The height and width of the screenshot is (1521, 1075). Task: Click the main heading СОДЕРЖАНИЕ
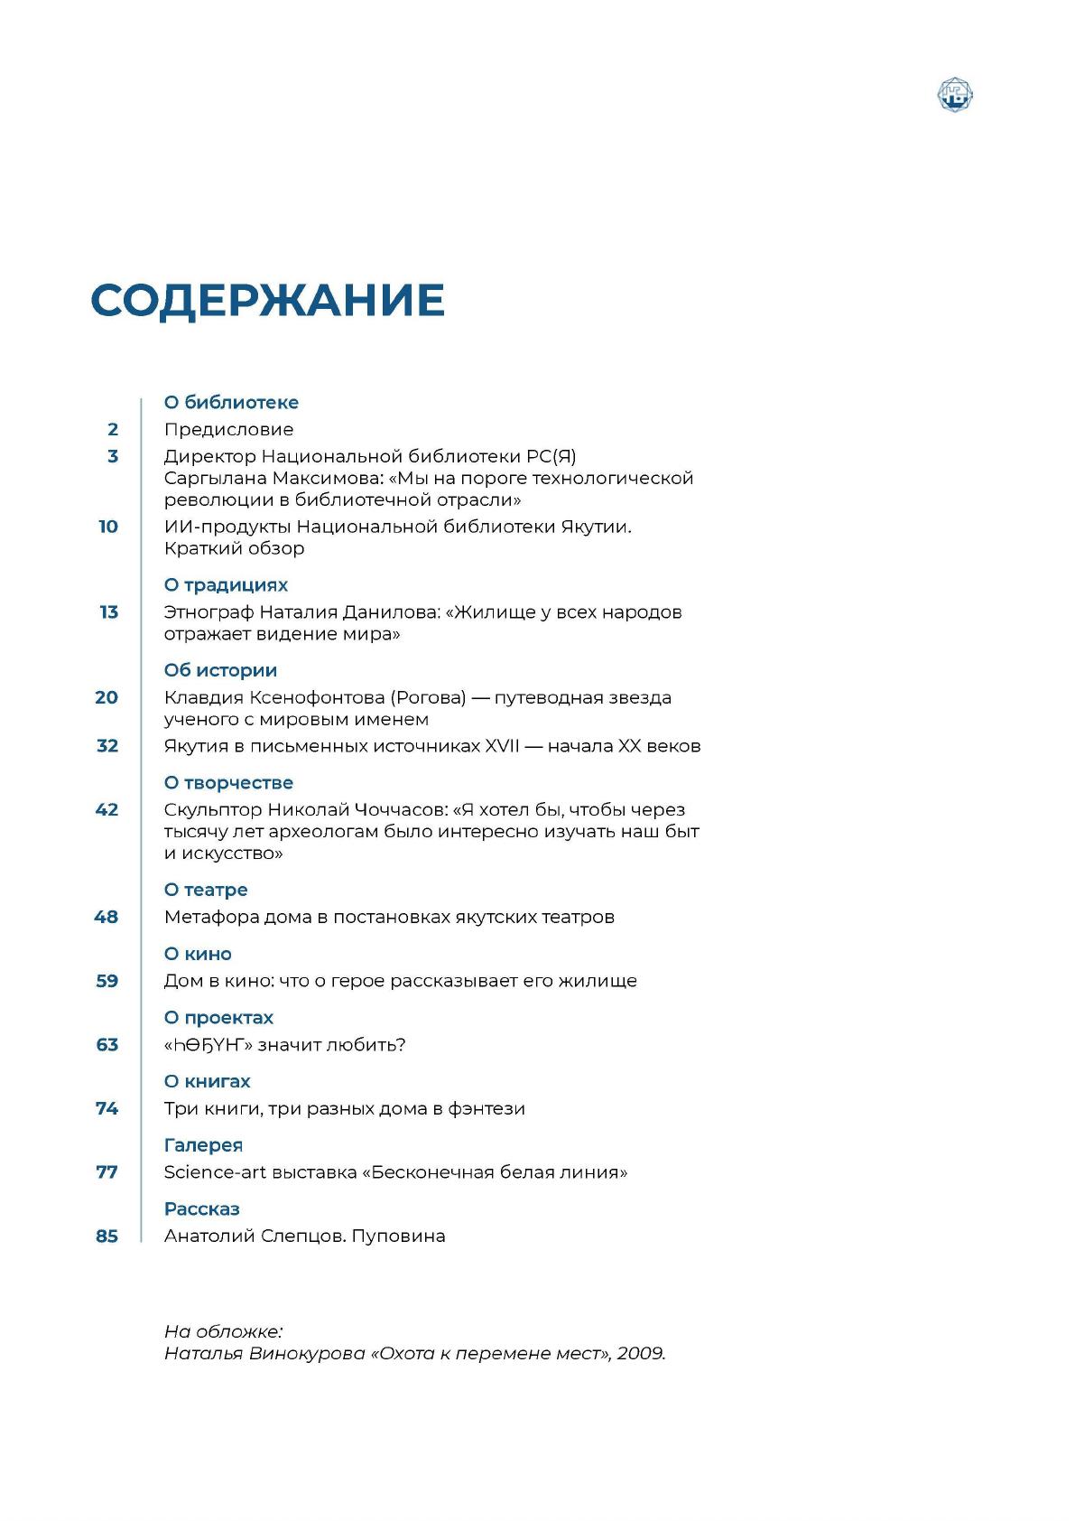pyautogui.click(x=267, y=301)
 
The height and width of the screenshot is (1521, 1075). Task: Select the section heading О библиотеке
pyautogui.click(x=231, y=403)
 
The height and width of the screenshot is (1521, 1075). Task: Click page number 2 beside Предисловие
pyautogui.click(x=113, y=430)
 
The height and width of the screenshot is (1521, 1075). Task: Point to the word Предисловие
pyautogui.click(x=228, y=430)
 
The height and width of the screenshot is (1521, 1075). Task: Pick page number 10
pyautogui.click(x=108, y=527)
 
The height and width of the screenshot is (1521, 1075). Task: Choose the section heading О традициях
pyautogui.click(x=226, y=585)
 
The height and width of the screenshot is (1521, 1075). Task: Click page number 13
pyautogui.click(x=108, y=612)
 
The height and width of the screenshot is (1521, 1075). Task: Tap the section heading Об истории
pyautogui.click(x=220, y=671)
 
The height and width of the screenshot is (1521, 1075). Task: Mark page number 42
pyautogui.click(x=107, y=810)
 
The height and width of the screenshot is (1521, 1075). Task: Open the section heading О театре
pyautogui.click(x=206, y=891)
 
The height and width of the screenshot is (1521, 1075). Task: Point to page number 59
pyautogui.click(x=107, y=981)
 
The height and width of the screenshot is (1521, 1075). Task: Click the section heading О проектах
pyautogui.click(x=218, y=1018)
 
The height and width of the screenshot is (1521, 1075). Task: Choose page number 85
pyautogui.click(x=107, y=1236)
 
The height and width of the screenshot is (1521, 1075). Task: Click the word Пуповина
pyautogui.click(x=398, y=1236)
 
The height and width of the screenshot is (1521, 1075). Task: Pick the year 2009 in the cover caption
pyautogui.click(x=641, y=1354)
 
